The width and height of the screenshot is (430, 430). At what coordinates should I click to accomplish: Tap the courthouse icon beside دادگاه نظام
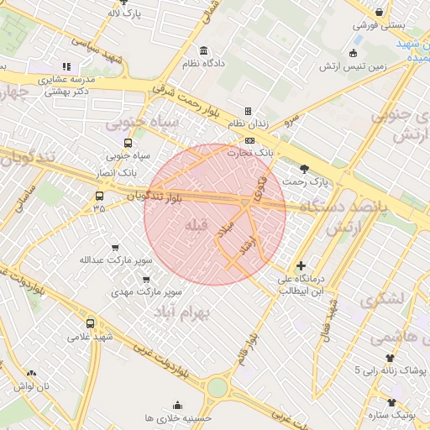pos(205,50)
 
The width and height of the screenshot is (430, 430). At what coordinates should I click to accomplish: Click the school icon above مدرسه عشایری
pos(66,66)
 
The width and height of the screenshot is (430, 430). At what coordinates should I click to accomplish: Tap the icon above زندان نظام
pos(248,112)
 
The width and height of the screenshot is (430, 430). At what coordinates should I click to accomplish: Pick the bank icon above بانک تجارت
pos(249,140)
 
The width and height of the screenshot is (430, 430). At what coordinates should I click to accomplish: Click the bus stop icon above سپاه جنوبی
pos(128,143)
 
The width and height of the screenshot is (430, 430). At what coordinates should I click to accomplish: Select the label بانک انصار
pos(116,172)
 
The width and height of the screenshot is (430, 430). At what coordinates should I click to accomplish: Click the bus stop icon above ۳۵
pos(100,197)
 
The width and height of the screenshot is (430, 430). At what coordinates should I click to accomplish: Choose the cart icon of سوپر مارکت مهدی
pos(148,280)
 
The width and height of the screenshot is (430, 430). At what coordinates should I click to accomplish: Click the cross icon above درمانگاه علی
pos(301,266)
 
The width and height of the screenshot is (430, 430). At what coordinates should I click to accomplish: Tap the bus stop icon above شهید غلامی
pos(91,323)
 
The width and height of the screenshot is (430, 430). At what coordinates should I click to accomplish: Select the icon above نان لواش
pos(32,374)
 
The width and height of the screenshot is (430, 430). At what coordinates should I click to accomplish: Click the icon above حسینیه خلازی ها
pos(177,405)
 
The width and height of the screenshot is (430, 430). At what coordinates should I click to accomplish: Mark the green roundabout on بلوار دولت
pos(218,387)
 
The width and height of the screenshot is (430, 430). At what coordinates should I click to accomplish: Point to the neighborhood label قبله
pos(196,225)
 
